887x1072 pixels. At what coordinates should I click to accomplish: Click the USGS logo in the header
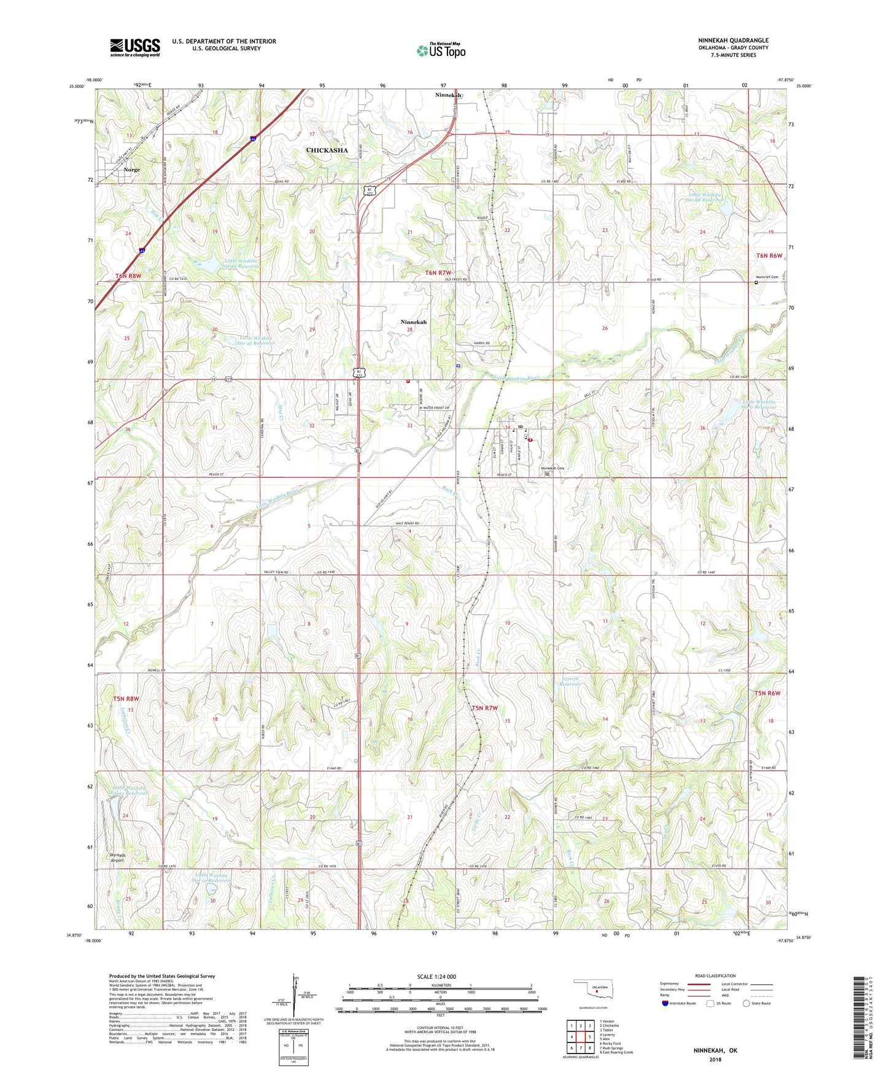pos(135,47)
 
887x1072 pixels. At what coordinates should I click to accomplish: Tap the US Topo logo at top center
pos(440,50)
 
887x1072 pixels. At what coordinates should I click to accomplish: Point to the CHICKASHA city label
pos(327,150)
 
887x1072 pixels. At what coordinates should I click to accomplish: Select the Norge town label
pos(131,170)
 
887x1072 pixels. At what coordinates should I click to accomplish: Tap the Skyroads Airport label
pos(117,857)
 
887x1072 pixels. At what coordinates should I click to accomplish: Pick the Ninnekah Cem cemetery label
pos(552,468)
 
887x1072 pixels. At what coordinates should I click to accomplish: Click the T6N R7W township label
pos(438,273)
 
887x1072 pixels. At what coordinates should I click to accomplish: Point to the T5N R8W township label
pos(126,699)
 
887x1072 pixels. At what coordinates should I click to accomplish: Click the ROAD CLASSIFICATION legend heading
pos(715,976)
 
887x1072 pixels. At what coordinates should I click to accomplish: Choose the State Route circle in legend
pos(746,1004)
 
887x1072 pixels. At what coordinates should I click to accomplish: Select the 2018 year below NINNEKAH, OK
pos(715,1059)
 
